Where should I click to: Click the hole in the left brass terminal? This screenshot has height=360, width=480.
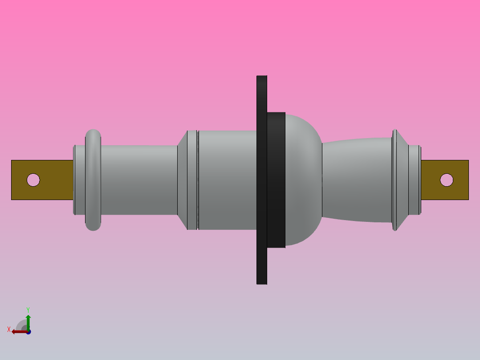pyautogui.click(x=33, y=180)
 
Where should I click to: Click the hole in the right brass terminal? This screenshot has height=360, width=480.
pyautogui.click(x=447, y=180)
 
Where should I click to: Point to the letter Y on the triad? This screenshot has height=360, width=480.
pyautogui.click(x=28, y=309)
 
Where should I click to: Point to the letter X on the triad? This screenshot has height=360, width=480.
pyautogui.click(x=9, y=329)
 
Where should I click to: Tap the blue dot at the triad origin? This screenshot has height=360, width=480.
pyautogui.click(x=28, y=332)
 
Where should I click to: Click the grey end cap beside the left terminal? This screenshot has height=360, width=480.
pyautogui.click(x=79, y=180)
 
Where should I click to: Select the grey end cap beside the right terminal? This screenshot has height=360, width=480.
pyautogui.click(x=414, y=180)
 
